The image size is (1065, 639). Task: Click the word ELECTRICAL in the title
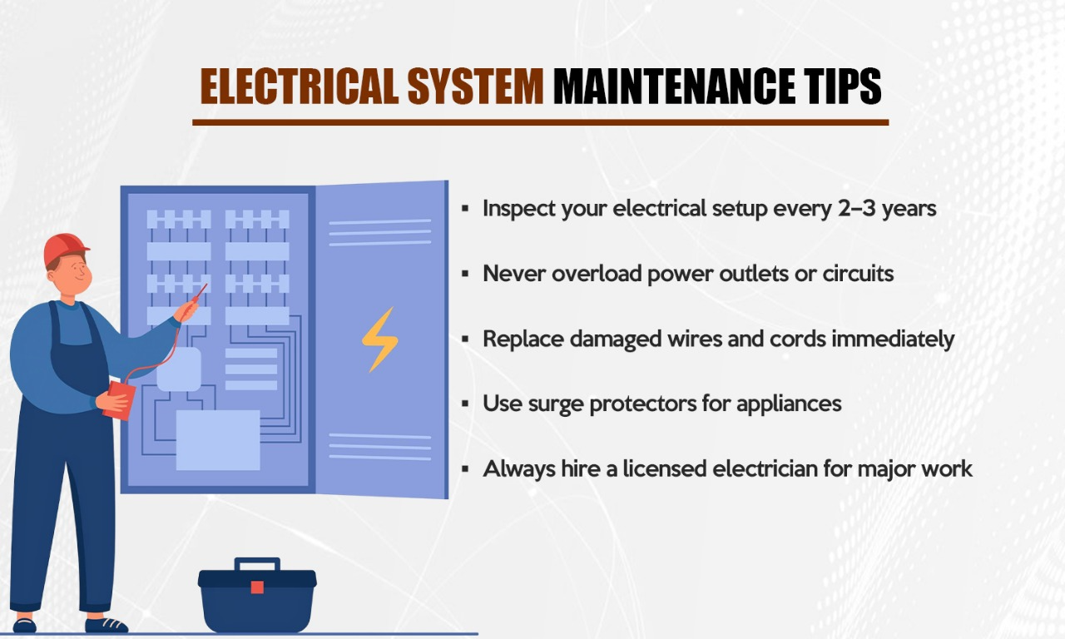click(299, 86)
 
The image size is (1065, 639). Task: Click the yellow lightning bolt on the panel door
click(379, 339)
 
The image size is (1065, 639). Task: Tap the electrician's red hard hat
click(66, 248)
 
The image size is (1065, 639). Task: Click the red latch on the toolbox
click(257, 587)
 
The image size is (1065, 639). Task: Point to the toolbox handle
click(257, 564)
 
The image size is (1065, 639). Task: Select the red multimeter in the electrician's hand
click(118, 400)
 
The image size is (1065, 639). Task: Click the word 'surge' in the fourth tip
click(555, 404)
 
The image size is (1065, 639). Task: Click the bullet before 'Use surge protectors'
click(466, 404)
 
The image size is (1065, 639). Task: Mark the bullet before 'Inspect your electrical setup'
click(466, 209)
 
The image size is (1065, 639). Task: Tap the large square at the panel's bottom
click(218, 439)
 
